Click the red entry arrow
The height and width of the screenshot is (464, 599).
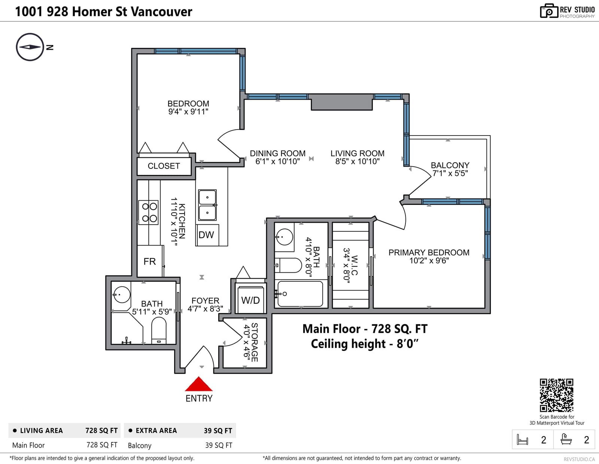(198, 384)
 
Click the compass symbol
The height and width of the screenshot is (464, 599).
(30, 47)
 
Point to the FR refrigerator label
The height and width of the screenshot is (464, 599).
(150, 261)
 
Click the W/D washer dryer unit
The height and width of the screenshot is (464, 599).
(250, 300)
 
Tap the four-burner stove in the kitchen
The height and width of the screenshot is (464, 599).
(148, 212)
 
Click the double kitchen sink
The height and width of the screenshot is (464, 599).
(207, 205)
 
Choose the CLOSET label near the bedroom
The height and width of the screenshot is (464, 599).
(164, 166)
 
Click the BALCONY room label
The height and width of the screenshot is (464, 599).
(450, 165)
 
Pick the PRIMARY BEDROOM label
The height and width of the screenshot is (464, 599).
(429, 252)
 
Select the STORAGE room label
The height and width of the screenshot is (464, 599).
(255, 342)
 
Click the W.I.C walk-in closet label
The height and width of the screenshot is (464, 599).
(354, 265)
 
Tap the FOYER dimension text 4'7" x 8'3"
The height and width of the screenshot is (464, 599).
(206, 309)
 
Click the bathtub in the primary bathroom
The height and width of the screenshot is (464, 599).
(300, 294)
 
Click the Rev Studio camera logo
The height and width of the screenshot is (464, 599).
(548, 11)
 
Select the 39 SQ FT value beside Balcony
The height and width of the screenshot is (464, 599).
(219, 445)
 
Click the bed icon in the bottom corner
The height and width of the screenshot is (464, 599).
(522, 439)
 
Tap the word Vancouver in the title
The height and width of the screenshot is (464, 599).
(161, 12)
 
